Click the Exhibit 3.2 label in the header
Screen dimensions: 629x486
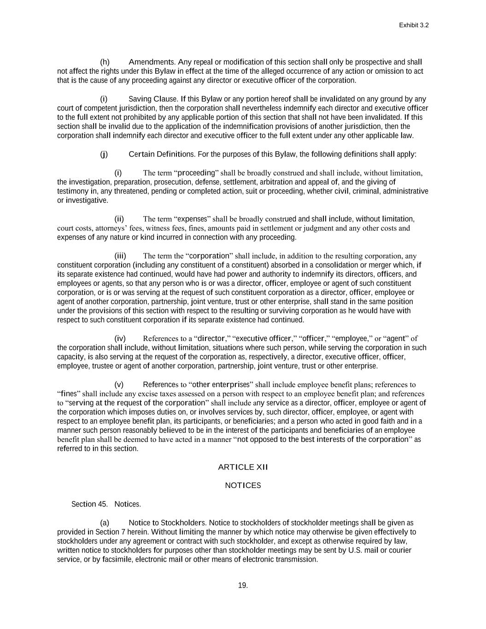tap(414, 25)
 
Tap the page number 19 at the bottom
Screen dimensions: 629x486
tap(243, 586)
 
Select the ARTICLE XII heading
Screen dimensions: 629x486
tap(243, 467)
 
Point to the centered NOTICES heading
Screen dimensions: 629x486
tap(243, 486)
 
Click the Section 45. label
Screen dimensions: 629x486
tap(89, 504)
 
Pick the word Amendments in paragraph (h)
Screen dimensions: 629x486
tap(152, 62)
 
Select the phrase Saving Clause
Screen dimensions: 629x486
tap(153, 99)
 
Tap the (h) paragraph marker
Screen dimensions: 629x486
tap(105, 62)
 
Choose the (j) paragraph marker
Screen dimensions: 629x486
tap(104, 154)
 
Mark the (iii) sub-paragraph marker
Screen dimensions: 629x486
tap(120, 256)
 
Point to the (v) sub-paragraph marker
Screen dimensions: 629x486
tap(119, 385)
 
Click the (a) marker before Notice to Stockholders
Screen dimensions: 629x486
tap(105, 523)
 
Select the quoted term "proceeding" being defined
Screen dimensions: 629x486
tap(196, 173)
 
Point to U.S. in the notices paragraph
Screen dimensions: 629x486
tap(355, 550)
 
